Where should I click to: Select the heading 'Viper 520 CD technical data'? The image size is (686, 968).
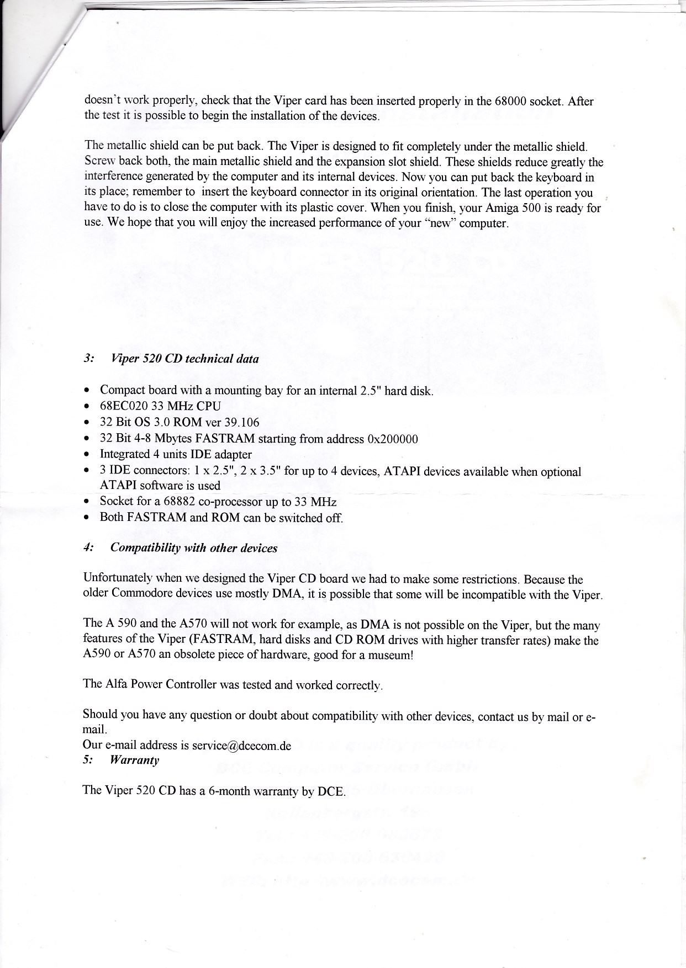pyautogui.click(x=184, y=359)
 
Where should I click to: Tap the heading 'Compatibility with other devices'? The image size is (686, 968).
pyautogui.click(x=193, y=548)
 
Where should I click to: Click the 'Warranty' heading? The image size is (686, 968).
pyautogui.click(x=134, y=760)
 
